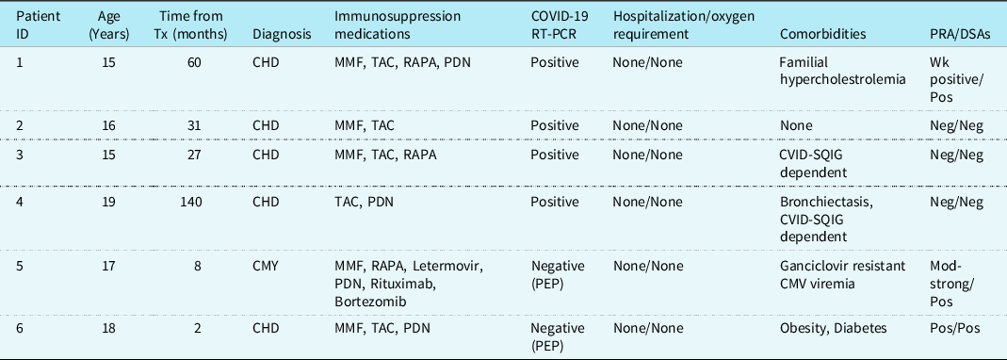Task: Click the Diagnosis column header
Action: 282,34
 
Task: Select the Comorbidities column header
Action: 822,34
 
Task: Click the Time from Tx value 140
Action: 191,203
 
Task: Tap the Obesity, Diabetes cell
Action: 833,329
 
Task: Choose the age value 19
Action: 108,203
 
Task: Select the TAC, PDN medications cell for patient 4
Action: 364,203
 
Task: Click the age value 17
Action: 108,266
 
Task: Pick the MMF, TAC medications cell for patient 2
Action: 364,126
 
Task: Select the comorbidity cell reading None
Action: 795,126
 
